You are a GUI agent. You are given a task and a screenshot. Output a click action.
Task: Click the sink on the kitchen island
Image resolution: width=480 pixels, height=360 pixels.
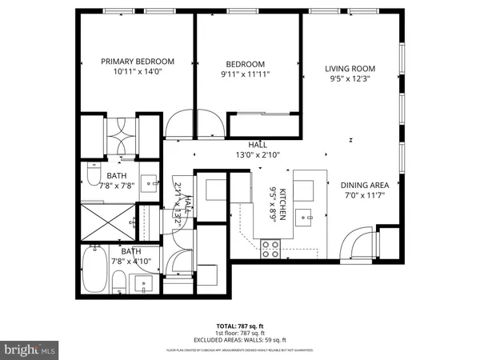tap(308, 214)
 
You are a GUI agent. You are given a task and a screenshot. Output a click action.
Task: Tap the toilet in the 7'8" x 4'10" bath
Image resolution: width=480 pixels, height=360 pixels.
tap(118, 282)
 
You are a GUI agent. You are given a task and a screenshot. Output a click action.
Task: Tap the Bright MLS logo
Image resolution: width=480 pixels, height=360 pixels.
tap(30, 350)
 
